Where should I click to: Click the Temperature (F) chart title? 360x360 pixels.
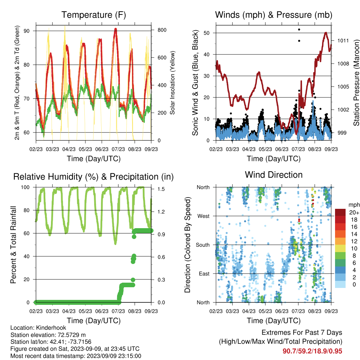[x=94, y=15]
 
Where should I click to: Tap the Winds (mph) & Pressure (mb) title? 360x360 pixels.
[x=274, y=15]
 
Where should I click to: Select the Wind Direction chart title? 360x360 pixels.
[x=274, y=175]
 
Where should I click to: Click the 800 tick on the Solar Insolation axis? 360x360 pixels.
[x=162, y=30]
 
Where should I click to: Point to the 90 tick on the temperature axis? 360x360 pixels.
[x=27, y=31]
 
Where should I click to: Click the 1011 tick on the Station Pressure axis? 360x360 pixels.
[x=343, y=41]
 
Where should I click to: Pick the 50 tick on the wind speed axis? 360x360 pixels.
[x=207, y=33]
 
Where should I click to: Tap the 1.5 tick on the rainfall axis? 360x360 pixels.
[x=161, y=189]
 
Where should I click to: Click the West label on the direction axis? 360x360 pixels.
[x=204, y=216]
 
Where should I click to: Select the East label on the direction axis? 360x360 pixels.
[x=204, y=274]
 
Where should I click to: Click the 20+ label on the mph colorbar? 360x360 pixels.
[x=354, y=212]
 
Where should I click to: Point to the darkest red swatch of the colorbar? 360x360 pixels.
[x=340, y=212]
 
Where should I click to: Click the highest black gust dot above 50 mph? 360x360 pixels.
[x=299, y=30]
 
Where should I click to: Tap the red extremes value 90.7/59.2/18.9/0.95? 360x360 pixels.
[x=312, y=351]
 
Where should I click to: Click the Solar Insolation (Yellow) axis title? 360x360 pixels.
[x=172, y=83]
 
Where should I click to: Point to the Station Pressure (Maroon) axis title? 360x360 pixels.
[x=356, y=83]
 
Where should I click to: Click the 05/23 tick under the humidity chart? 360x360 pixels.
[x=85, y=311]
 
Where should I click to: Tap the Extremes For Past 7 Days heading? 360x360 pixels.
[x=302, y=333]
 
